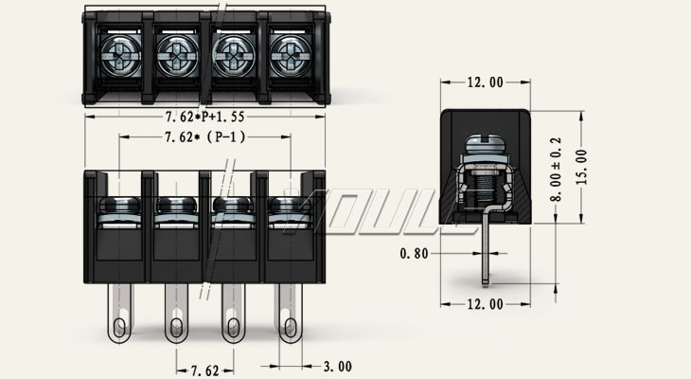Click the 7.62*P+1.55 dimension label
[x=205, y=117]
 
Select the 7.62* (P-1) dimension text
[x=204, y=137]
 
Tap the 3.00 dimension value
[x=337, y=366]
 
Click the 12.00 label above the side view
[x=485, y=82]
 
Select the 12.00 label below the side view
[x=485, y=304]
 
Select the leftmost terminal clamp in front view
[x=119, y=212]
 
